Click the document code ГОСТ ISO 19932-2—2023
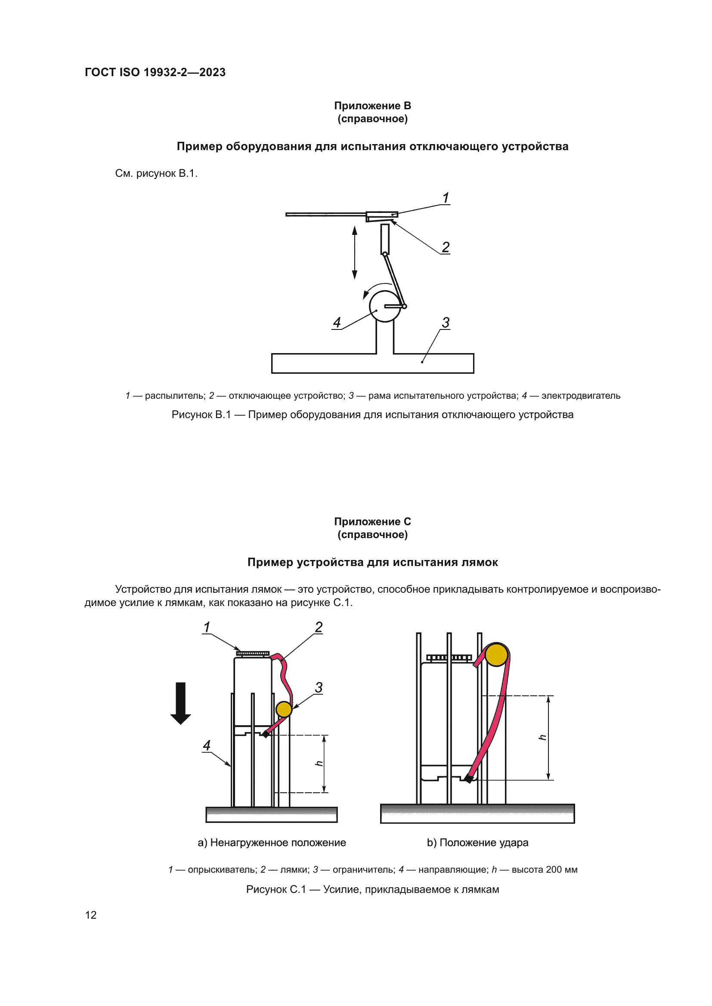[x=155, y=72]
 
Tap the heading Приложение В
[x=372, y=106]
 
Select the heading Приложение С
[x=372, y=521]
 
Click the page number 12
[x=91, y=915]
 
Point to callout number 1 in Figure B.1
[x=446, y=198]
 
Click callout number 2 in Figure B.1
[x=446, y=247]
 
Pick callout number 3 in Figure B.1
[x=446, y=323]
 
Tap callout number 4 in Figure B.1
[x=337, y=323]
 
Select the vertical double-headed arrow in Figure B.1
[x=355, y=252]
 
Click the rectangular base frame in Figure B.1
[x=372, y=363]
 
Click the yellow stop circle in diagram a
[x=284, y=709]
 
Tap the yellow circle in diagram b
[x=496, y=655]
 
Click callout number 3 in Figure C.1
[x=319, y=687]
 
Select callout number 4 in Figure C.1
[x=207, y=745]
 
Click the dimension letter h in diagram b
[x=542, y=738]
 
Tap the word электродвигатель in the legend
[x=581, y=396]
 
